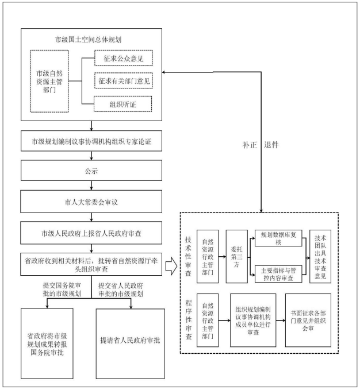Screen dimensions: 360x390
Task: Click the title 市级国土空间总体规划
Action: [x=88, y=39]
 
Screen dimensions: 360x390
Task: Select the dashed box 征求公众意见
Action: [x=124, y=58]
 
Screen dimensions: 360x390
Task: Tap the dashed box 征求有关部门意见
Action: [x=124, y=80]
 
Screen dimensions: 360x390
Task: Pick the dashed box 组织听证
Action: [x=122, y=104]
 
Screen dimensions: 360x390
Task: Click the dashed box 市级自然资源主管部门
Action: [x=49, y=81]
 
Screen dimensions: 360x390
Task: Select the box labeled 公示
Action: [x=91, y=171]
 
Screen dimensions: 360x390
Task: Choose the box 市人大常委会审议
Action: [x=91, y=202]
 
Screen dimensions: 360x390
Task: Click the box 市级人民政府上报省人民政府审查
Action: [x=91, y=233]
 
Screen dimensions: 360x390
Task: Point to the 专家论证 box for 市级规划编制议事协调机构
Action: [x=91, y=141]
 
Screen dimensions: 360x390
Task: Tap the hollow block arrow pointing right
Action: [x=171, y=266]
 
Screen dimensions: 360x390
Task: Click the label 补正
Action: [x=250, y=145]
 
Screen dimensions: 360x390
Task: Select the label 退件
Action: [x=271, y=145]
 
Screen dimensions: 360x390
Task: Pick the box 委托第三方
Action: [x=236, y=256]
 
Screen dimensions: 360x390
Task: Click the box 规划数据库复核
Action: [x=278, y=238]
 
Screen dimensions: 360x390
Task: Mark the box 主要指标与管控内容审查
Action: [x=278, y=274]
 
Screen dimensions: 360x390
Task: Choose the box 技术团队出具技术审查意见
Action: [x=320, y=256]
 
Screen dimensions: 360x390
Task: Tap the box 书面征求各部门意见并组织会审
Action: [x=308, y=321]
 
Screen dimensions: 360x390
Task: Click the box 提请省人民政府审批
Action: [x=130, y=343]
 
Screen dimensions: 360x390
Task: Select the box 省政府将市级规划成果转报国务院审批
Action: [x=47, y=343]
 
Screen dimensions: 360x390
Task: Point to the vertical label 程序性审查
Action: [x=189, y=320]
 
